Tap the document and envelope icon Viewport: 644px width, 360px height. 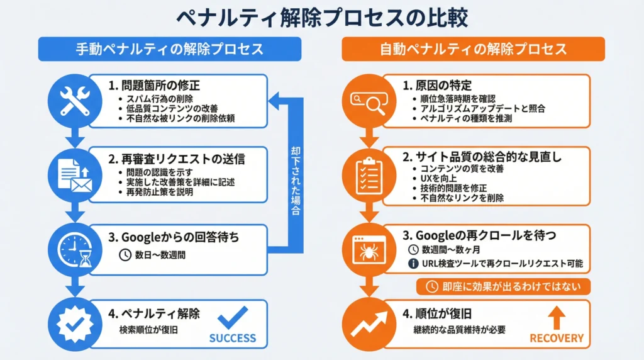75,174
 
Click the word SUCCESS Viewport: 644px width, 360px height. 233,338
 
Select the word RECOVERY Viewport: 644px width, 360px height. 557,338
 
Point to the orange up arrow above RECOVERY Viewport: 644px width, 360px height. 557,317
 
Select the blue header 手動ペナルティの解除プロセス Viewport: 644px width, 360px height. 169,49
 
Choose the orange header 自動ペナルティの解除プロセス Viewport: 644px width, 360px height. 473,49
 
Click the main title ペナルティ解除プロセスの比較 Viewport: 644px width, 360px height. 321,18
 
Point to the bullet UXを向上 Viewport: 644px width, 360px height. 436,179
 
